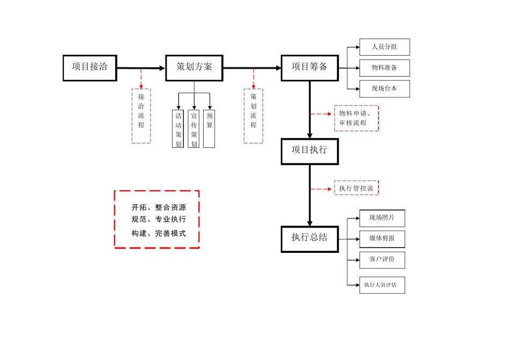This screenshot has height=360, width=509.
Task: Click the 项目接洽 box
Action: [89, 67]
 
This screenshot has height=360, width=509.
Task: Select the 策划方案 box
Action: [194, 67]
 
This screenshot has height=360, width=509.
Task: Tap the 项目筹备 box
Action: [310, 67]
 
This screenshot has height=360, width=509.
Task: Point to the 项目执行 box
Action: [310, 151]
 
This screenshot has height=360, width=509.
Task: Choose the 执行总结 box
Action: [310, 238]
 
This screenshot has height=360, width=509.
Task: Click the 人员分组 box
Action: [384, 47]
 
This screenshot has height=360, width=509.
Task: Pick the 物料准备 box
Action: [384, 68]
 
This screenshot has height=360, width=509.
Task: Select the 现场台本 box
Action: [384, 89]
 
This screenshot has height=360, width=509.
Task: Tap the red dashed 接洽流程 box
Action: [141, 116]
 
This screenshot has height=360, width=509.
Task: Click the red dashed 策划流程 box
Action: [253, 116]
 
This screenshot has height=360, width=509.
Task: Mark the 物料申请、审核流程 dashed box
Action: [356, 118]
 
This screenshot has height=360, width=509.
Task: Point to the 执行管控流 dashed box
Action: [356, 188]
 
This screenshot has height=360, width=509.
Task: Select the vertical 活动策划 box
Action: [178, 129]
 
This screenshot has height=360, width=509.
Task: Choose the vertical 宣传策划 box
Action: [194, 129]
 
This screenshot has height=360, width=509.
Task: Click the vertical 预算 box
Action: [209, 129]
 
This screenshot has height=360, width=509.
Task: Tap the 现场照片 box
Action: [382, 218]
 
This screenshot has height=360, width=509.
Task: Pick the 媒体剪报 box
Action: [382, 239]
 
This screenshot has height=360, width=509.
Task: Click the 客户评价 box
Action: [382, 260]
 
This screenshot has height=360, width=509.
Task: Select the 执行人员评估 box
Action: [382, 285]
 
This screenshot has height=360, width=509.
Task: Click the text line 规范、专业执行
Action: [159, 220]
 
